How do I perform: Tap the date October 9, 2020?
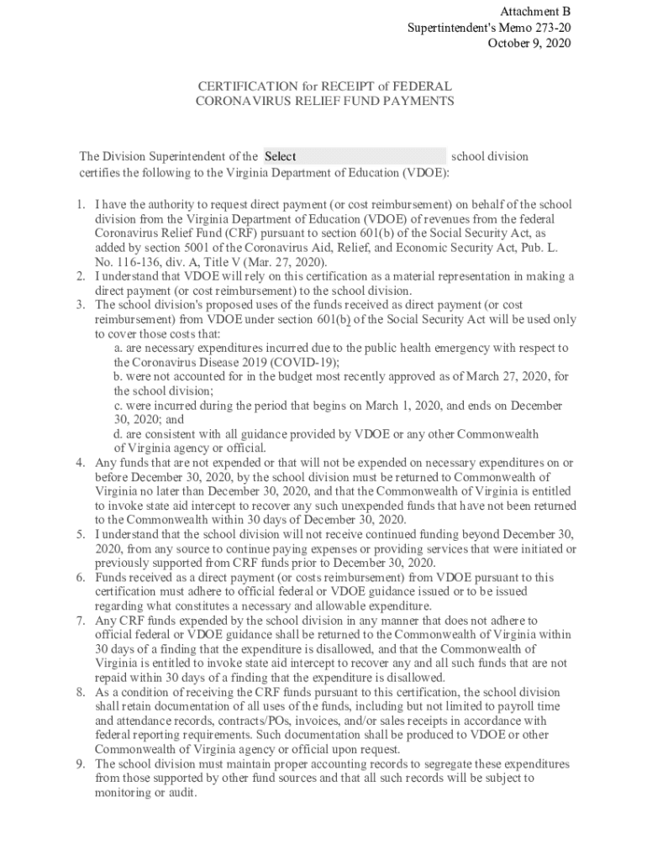coord(529,44)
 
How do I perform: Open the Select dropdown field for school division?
coord(354,156)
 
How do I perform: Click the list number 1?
coord(80,204)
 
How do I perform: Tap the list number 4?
coord(80,463)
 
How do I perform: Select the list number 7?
coord(80,621)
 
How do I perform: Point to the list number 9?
coord(80,764)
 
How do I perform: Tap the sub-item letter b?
coord(118,376)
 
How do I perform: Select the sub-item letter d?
coord(118,434)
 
